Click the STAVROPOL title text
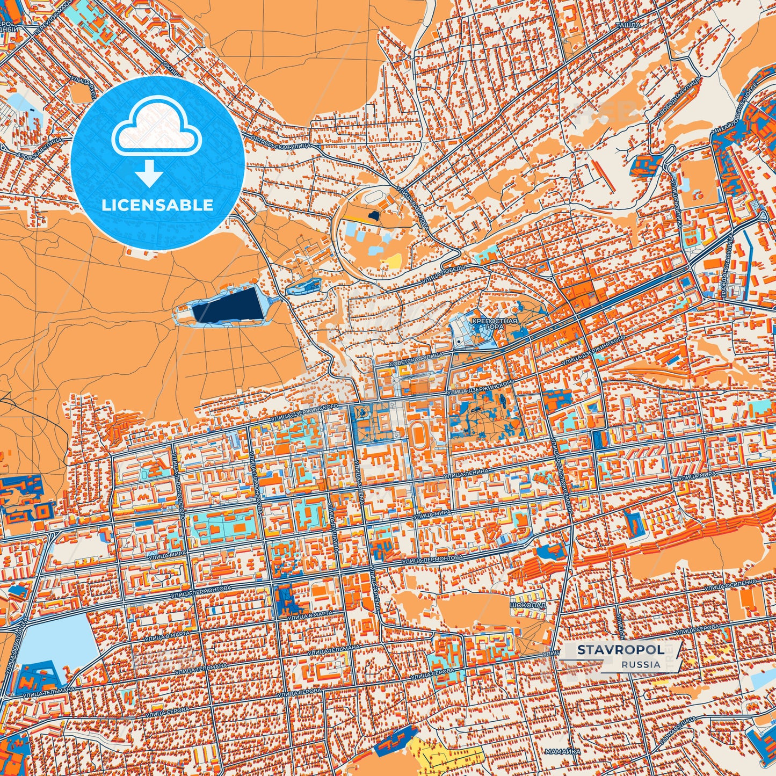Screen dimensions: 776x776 pos(620,650)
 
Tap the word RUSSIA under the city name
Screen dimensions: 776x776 pos(641,664)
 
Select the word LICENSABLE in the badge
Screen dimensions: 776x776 pos(157,205)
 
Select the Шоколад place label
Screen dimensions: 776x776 pos(528,604)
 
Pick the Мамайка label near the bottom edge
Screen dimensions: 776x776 pos(561,751)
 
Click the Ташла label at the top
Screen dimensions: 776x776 pos(628,25)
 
